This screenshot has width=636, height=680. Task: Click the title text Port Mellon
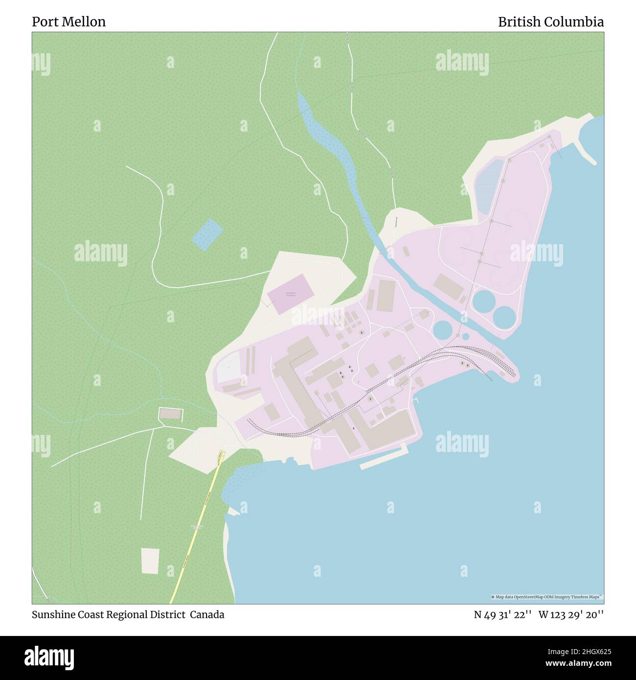tap(68, 22)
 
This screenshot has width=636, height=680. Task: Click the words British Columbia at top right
tap(550, 22)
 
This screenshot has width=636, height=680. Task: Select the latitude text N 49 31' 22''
tap(503, 614)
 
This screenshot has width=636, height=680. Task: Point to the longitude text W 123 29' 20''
tap(571, 614)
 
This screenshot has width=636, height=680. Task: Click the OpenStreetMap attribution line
tap(546, 597)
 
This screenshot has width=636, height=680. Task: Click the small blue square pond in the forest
tap(207, 234)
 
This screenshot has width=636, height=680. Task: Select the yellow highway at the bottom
tap(196, 528)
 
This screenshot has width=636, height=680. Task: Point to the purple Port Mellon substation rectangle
tap(290, 294)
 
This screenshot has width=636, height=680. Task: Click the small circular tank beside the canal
tap(465, 336)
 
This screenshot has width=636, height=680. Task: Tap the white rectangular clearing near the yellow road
tap(150, 560)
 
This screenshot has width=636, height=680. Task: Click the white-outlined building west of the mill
tap(170, 414)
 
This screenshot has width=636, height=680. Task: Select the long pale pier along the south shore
tap(383, 457)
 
